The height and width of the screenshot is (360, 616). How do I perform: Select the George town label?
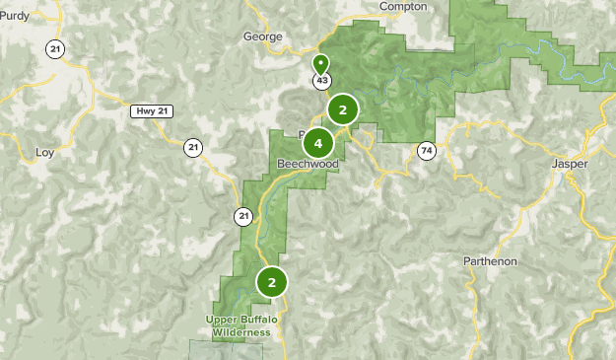[262, 37]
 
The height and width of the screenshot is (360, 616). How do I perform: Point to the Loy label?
[44, 153]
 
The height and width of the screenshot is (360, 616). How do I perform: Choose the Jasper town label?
[569, 164]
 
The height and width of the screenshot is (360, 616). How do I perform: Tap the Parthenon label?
[490, 261]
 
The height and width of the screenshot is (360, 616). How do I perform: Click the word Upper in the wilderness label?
[222, 320]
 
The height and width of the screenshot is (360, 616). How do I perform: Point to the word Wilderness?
[238, 333]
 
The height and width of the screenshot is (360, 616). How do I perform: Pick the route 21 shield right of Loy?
[192, 148]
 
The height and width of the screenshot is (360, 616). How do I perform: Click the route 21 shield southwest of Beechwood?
[243, 215]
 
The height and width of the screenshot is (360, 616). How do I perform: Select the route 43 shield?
[322, 80]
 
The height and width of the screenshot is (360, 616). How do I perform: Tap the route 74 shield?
[426, 150]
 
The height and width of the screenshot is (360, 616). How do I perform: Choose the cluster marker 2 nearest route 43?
[342, 110]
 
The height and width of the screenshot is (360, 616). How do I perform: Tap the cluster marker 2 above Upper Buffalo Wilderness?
[271, 282]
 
